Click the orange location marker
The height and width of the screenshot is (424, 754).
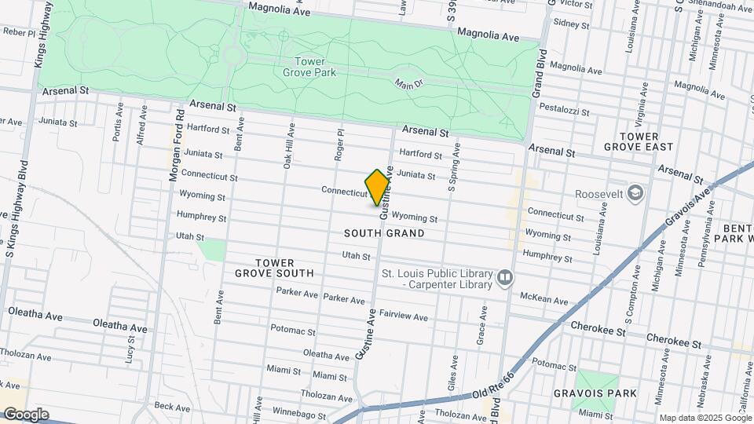(378, 187)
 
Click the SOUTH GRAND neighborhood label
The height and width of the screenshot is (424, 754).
(384, 233)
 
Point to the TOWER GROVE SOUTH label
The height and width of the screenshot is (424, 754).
(274, 268)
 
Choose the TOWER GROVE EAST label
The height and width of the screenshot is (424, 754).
(639, 141)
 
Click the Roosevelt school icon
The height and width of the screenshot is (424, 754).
(635, 193)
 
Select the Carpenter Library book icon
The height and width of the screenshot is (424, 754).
(505, 277)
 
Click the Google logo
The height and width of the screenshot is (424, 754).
(26, 415)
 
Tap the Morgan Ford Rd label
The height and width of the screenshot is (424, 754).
(177, 147)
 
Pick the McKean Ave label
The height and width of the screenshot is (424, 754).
(544, 299)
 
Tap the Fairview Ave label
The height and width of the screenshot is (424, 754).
(404, 316)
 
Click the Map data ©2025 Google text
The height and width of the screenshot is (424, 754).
(704, 418)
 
